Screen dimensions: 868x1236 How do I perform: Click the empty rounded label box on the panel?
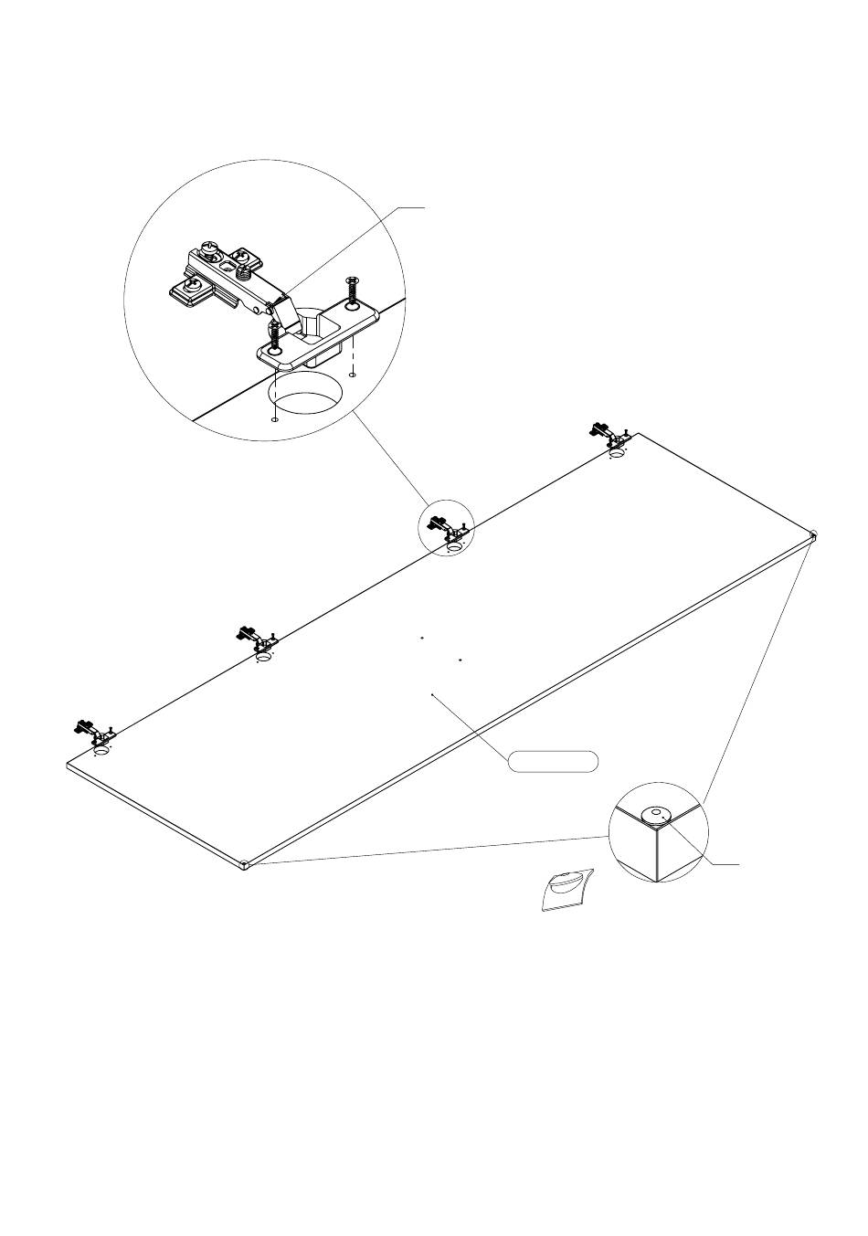(554, 761)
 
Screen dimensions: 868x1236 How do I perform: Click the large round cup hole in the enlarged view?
(305, 397)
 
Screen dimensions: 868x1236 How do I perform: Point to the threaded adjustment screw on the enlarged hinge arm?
(244, 270)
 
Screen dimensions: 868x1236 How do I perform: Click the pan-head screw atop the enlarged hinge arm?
(211, 246)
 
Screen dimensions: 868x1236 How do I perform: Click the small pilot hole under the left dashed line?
(274, 419)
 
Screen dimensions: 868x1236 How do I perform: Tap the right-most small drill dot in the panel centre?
(460, 658)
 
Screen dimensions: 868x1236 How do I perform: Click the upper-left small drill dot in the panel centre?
(421, 638)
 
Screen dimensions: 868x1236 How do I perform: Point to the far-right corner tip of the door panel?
(813, 535)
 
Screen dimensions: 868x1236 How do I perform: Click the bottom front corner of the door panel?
(247, 864)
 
